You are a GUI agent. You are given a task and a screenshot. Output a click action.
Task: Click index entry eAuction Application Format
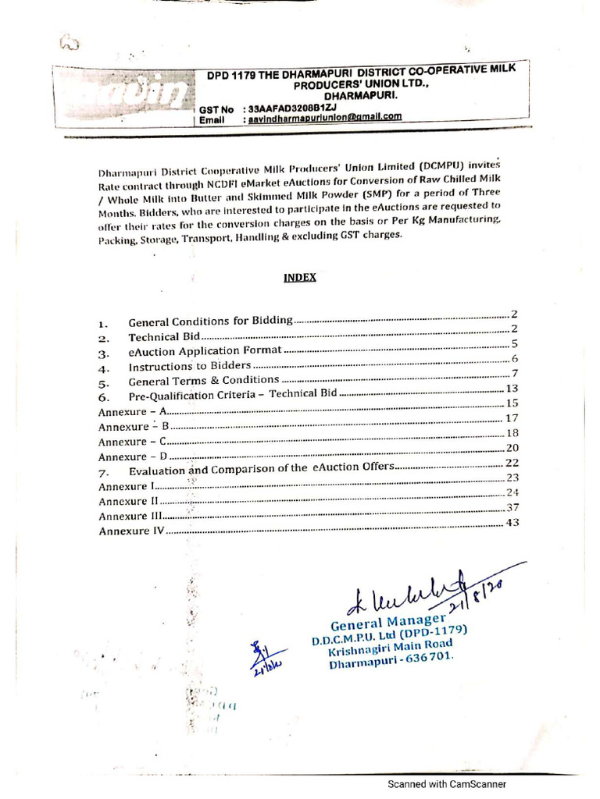click(205, 352)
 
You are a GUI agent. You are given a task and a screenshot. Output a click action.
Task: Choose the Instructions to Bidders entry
click(190, 366)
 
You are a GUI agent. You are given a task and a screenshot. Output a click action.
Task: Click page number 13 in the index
click(512, 389)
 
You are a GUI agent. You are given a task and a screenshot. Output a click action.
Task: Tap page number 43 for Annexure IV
click(512, 523)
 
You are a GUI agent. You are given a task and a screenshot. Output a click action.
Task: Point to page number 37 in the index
click(512, 507)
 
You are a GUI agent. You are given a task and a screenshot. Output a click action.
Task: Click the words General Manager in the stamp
click(378, 623)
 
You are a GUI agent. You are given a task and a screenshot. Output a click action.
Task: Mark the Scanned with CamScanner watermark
click(448, 784)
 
